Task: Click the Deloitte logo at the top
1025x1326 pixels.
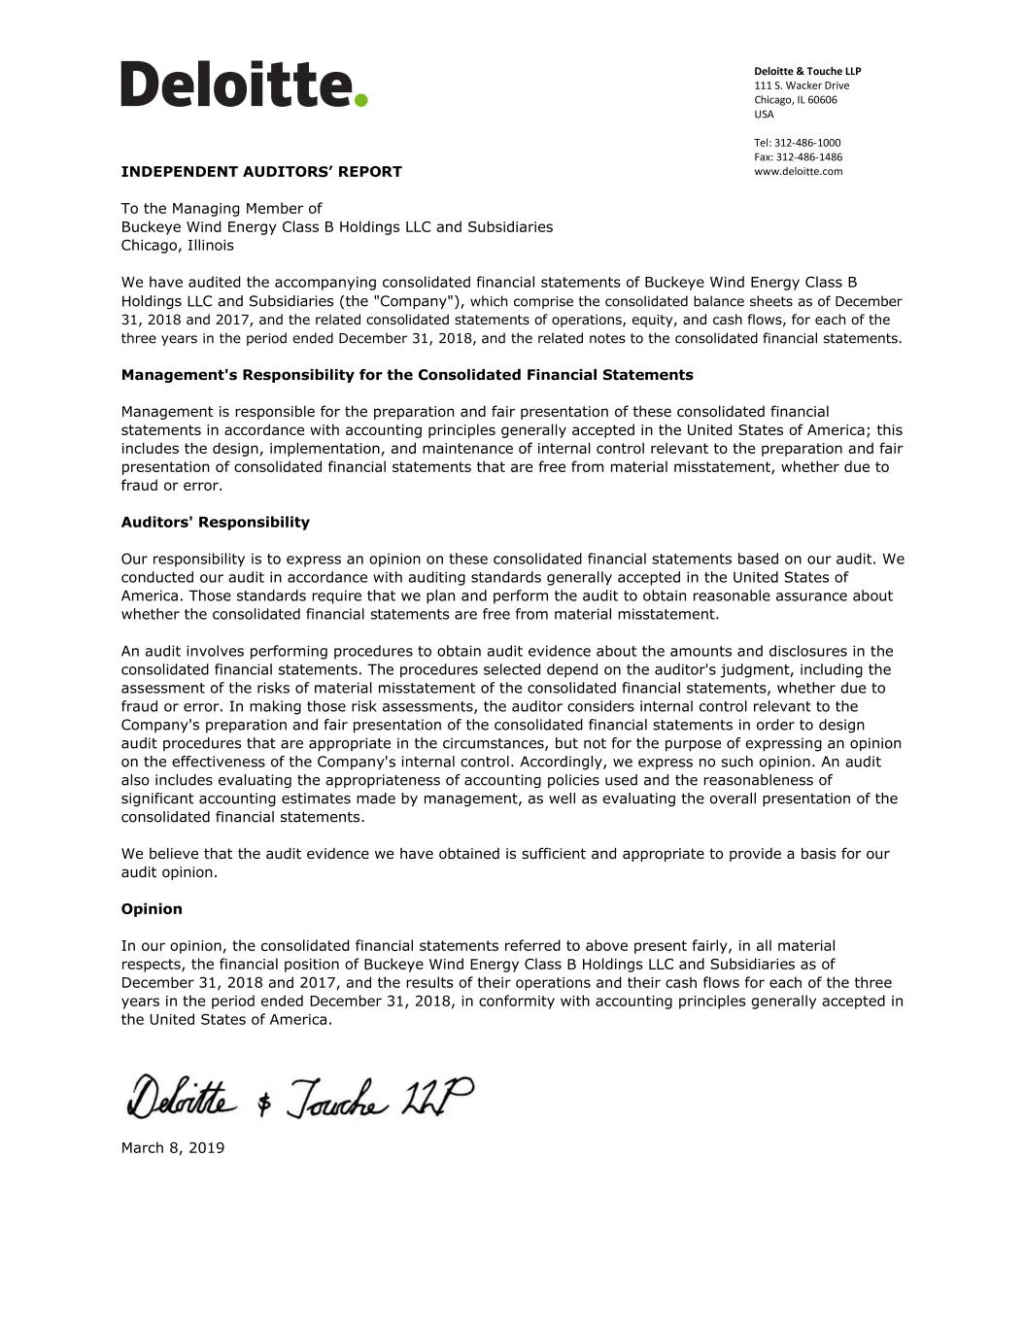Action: click(x=243, y=84)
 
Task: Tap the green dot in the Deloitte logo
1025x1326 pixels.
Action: click(x=360, y=99)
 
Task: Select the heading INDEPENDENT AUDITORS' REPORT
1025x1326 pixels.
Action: click(x=260, y=172)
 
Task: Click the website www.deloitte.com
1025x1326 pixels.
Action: click(x=798, y=171)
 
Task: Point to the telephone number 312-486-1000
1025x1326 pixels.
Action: click(x=807, y=143)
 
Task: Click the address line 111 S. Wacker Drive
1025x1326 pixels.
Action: click(x=802, y=85)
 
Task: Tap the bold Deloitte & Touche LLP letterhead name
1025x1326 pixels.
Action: click(x=807, y=71)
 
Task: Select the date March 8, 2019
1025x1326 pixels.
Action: click(x=172, y=1148)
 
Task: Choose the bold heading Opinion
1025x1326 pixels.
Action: click(x=152, y=909)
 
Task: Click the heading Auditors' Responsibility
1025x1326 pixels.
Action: click(x=215, y=523)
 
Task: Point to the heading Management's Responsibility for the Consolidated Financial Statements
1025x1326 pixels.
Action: click(x=406, y=375)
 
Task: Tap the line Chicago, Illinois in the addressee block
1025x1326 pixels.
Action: click(x=177, y=246)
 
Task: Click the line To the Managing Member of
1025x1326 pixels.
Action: click(x=221, y=209)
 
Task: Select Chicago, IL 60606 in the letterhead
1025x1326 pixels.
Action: click(x=795, y=100)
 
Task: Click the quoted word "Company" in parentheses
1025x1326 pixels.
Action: click(x=424, y=301)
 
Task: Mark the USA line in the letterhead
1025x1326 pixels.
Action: click(x=764, y=115)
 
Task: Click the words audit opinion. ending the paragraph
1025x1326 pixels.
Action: click(x=169, y=872)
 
